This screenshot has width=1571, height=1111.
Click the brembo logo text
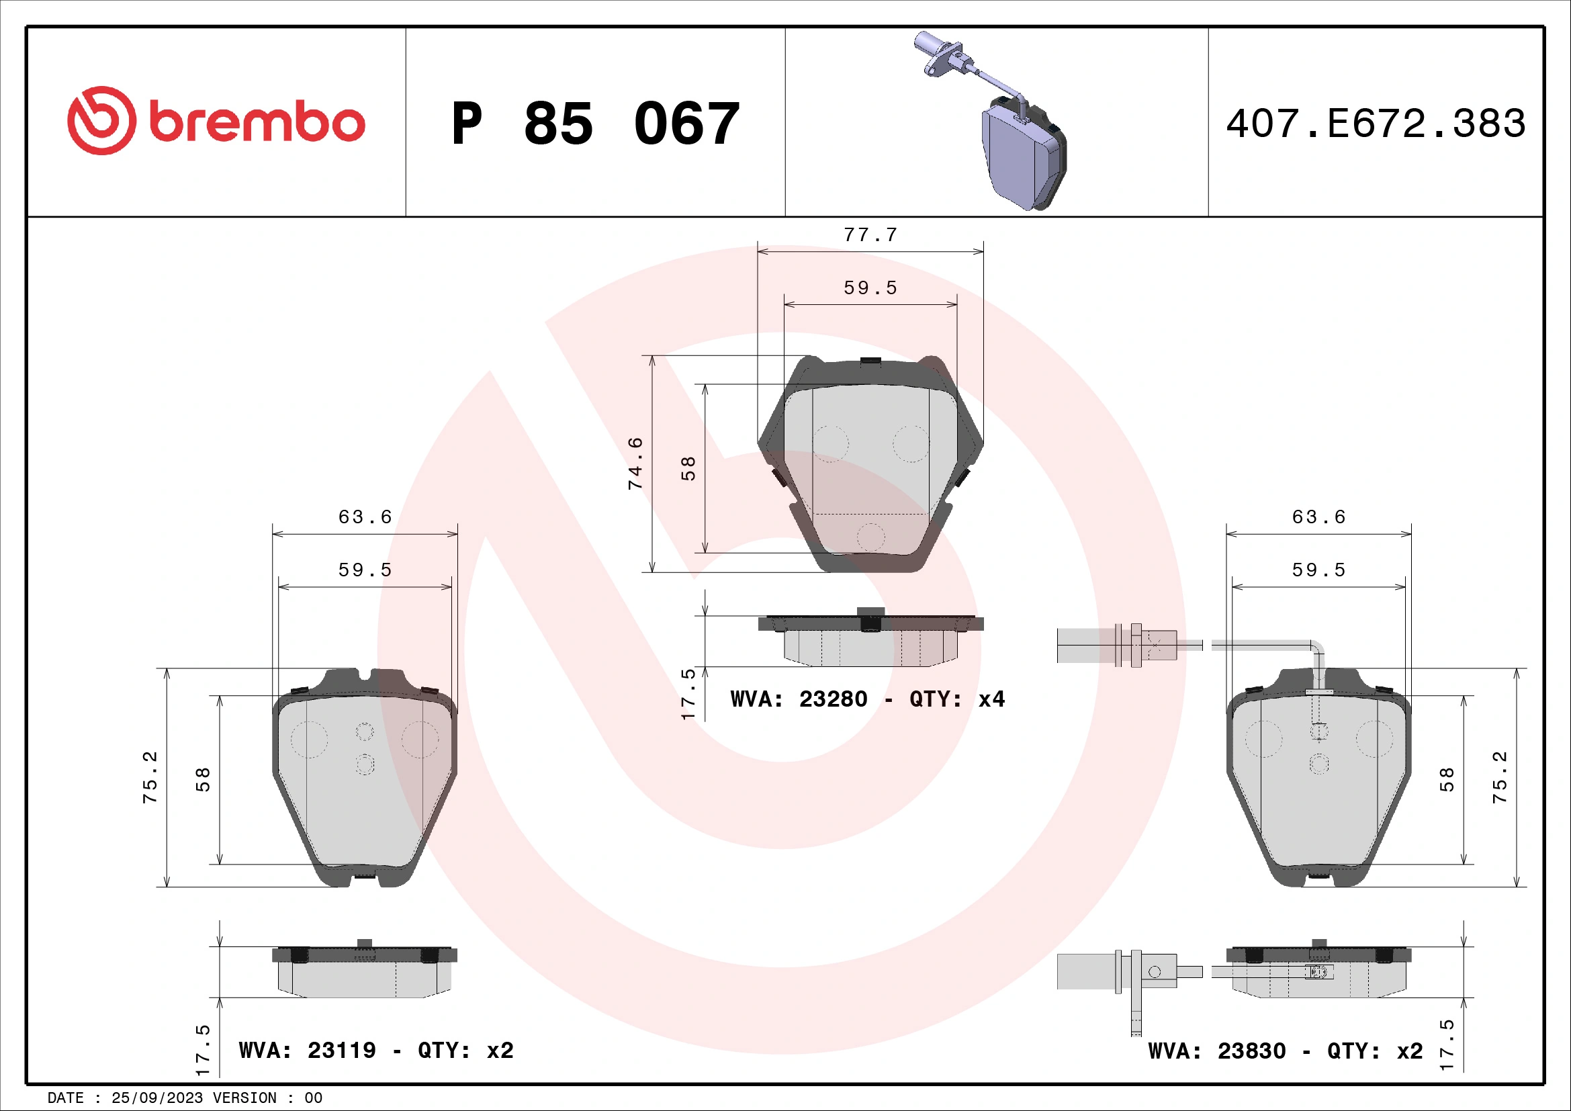click(257, 122)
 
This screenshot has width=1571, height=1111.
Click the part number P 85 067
click(595, 124)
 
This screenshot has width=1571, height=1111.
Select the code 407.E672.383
click(1376, 124)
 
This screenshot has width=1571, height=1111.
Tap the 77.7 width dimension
click(870, 234)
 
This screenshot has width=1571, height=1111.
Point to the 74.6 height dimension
click(635, 463)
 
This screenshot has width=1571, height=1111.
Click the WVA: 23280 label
click(799, 699)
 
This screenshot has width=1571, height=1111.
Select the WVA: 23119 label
click(307, 1050)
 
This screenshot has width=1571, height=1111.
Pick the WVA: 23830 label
click(1216, 1051)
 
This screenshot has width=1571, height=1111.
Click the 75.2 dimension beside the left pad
click(150, 777)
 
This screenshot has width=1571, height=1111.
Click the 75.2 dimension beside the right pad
click(1499, 777)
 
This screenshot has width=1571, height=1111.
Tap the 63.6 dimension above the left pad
click(365, 517)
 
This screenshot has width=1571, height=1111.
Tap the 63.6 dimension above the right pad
click(1318, 517)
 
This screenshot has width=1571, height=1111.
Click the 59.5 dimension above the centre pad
click(870, 288)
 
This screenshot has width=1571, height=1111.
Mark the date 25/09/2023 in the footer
click(156, 1098)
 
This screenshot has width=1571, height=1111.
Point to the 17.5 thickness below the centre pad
click(688, 694)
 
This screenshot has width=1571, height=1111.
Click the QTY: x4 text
click(956, 699)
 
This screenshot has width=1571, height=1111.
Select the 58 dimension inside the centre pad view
click(688, 469)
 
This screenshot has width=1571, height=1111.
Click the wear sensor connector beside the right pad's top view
click(1122, 645)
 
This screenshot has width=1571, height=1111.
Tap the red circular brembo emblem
click(101, 120)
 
